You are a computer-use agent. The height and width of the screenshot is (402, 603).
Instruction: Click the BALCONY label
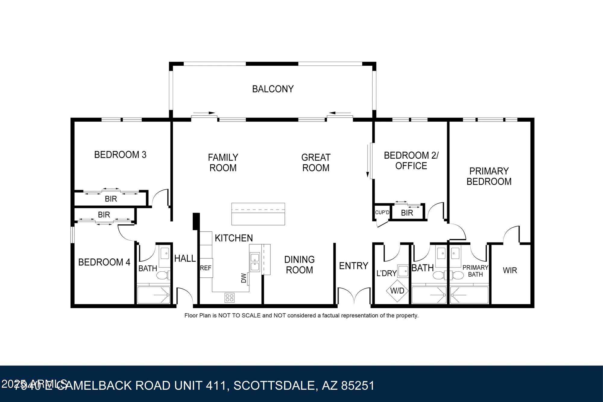(x=273, y=89)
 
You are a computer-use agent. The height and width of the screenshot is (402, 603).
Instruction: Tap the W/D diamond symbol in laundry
(x=397, y=291)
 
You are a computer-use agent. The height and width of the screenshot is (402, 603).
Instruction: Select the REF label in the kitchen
(x=206, y=268)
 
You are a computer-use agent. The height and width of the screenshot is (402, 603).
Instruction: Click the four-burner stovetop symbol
(x=229, y=298)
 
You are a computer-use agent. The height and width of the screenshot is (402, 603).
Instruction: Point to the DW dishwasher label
(x=244, y=278)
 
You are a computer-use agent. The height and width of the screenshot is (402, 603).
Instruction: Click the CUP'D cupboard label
(x=382, y=212)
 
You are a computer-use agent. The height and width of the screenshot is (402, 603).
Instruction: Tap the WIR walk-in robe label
(x=510, y=270)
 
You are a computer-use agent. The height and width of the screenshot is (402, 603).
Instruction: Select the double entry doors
(x=354, y=295)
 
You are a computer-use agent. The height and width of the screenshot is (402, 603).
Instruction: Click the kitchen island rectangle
(x=258, y=214)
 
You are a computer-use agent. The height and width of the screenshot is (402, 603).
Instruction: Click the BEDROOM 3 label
(x=120, y=155)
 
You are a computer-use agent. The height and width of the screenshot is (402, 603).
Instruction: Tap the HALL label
(x=185, y=258)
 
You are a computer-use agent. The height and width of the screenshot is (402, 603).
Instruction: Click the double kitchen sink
(x=255, y=262)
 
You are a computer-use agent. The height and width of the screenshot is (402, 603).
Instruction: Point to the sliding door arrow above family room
(x=204, y=113)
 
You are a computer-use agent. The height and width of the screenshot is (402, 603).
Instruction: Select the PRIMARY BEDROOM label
(x=489, y=176)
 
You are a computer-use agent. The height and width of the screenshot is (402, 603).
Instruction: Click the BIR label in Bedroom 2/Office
(x=407, y=213)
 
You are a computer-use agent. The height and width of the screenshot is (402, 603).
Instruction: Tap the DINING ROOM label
(x=299, y=265)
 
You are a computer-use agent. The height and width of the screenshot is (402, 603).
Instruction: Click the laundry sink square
(x=403, y=271)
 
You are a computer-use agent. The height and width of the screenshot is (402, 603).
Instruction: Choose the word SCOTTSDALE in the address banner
(x=274, y=386)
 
